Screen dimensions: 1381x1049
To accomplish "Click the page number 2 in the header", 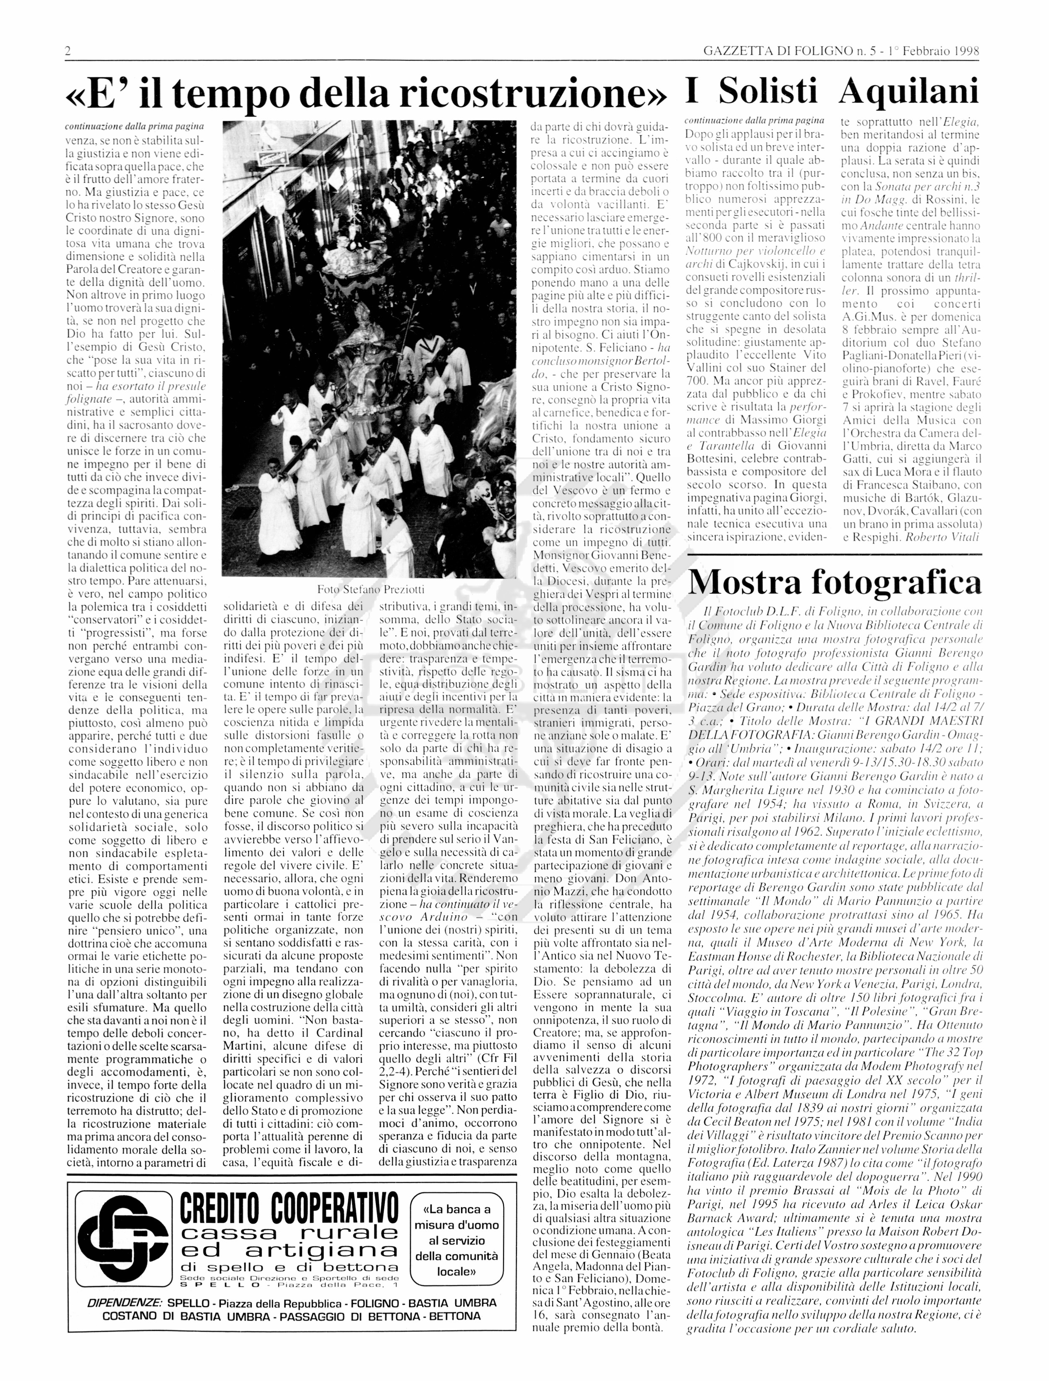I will click(x=68, y=51).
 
